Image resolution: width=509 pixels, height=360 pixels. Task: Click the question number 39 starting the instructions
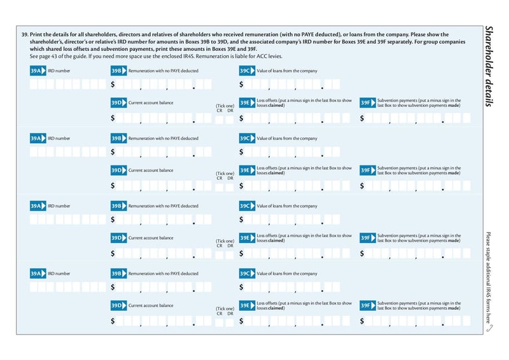click(x=25, y=34)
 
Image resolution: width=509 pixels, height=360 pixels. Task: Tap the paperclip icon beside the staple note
click(x=488, y=329)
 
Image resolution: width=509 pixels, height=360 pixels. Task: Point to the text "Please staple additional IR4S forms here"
click(x=488, y=277)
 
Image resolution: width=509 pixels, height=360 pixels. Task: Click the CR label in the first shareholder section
click(x=220, y=111)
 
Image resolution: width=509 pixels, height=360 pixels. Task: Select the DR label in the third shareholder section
click(x=230, y=246)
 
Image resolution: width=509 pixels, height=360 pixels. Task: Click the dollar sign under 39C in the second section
click(x=241, y=152)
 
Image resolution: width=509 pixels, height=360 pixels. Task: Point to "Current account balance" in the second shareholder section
click(x=151, y=170)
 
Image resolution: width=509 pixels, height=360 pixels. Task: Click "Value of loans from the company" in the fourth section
click(x=286, y=273)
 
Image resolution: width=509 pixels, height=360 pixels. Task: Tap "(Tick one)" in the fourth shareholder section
click(x=225, y=308)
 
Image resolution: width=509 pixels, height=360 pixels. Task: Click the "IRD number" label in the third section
click(x=59, y=206)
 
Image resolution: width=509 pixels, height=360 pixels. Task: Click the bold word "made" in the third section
click(x=454, y=240)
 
